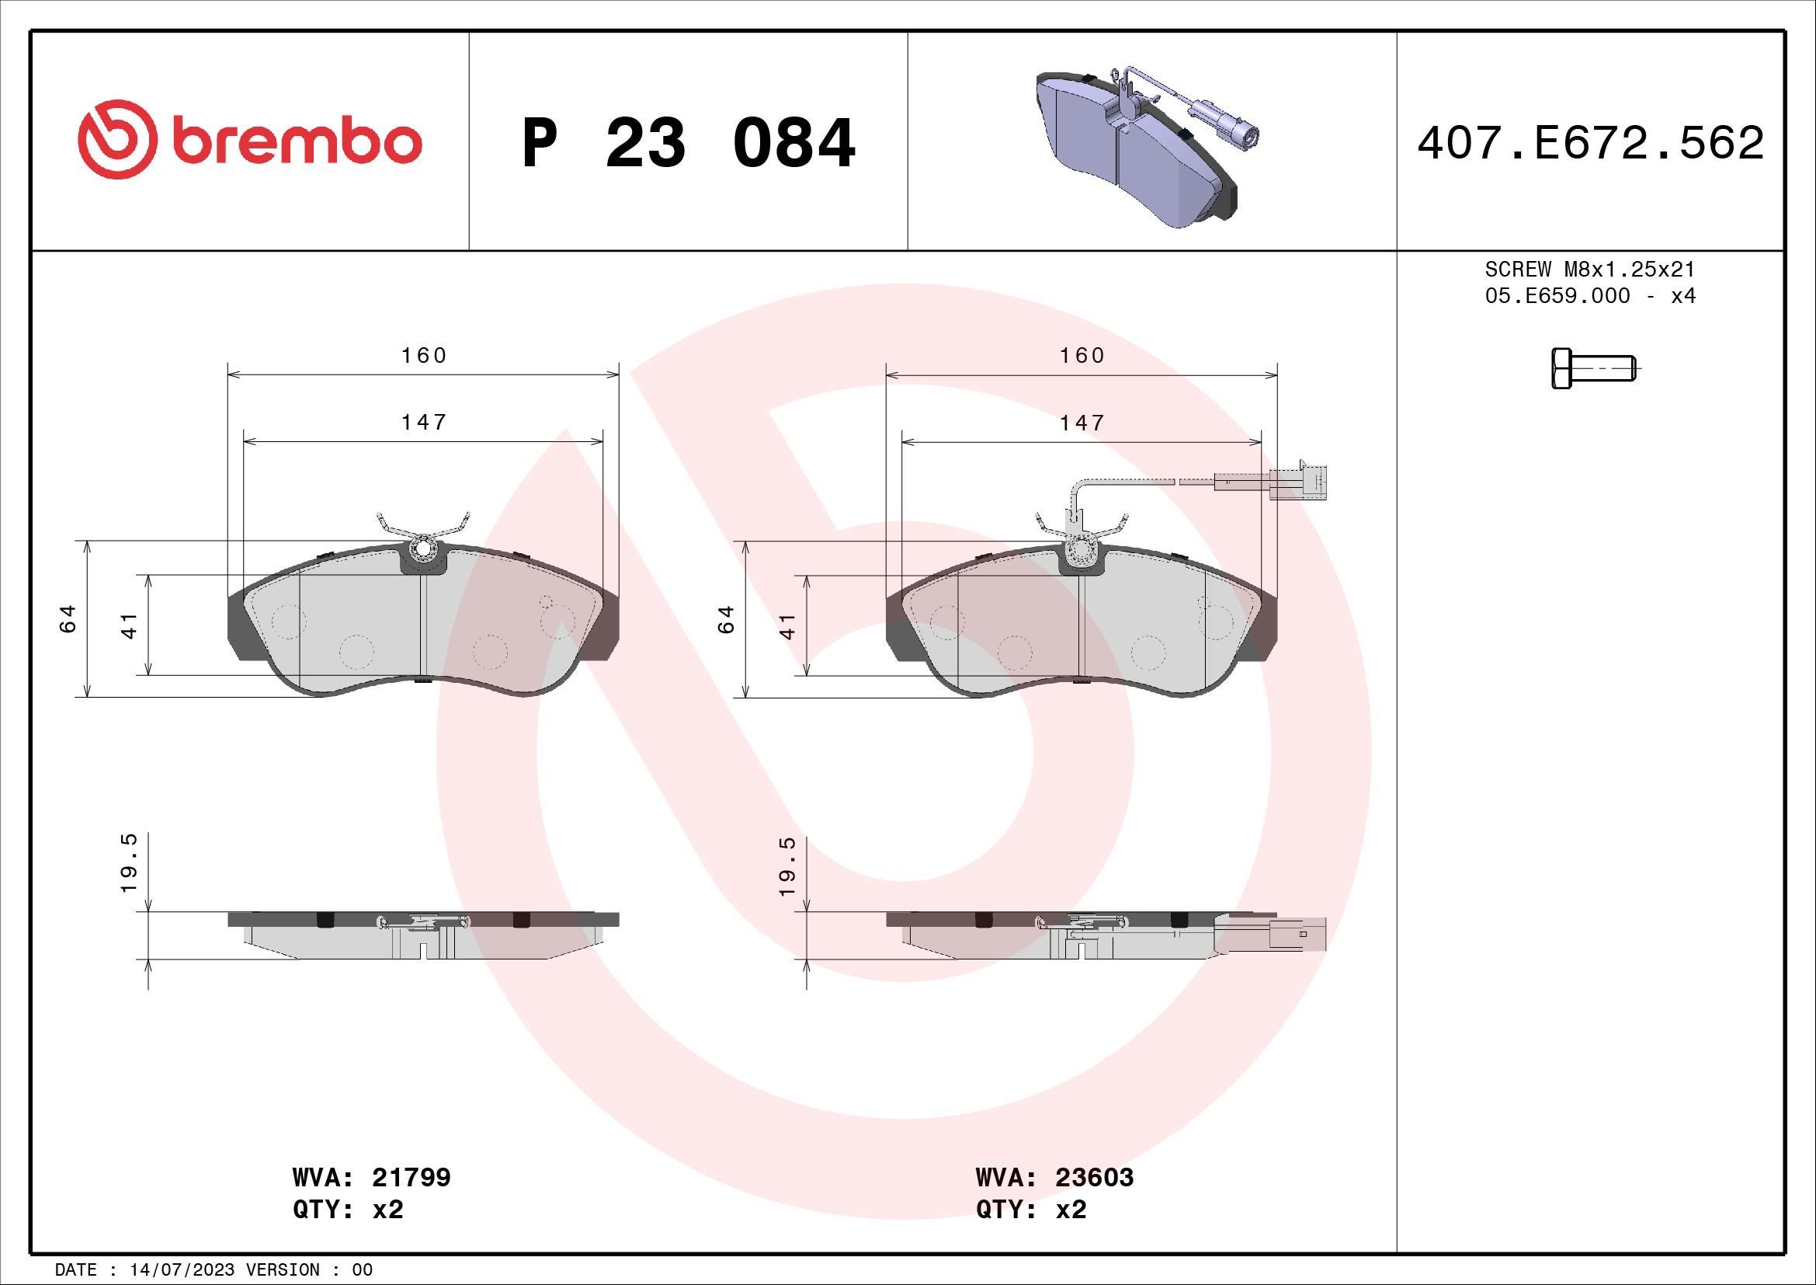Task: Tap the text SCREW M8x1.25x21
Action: pyautogui.click(x=1590, y=270)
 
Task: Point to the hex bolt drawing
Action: pyautogui.click(x=1592, y=370)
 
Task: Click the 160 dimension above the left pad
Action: pyautogui.click(x=424, y=355)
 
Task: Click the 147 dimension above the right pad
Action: pyautogui.click(x=1082, y=423)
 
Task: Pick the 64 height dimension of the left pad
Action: pyautogui.click(x=68, y=618)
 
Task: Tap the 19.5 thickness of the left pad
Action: pyautogui.click(x=130, y=863)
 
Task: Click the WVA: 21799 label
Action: pyautogui.click(x=371, y=1177)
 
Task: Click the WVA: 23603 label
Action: pyautogui.click(x=1054, y=1177)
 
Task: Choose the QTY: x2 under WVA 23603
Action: pyautogui.click(x=1030, y=1210)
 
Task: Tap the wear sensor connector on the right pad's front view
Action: pyautogui.click(x=1297, y=482)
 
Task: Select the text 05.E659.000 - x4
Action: pyautogui.click(x=1590, y=296)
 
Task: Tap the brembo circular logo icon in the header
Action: pyautogui.click(x=114, y=138)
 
